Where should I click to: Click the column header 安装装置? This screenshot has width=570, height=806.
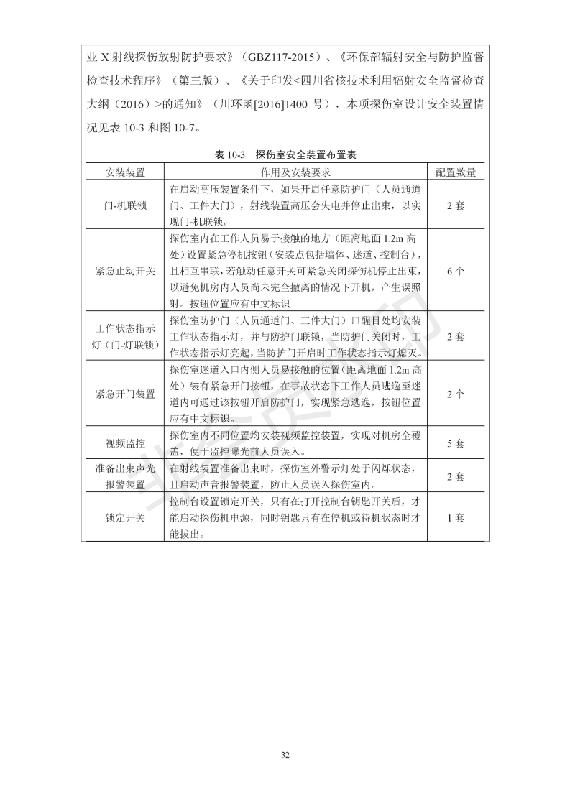[125, 172]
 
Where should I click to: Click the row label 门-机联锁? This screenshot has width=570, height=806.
[125, 205]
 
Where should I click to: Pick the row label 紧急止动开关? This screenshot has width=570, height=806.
[125, 270]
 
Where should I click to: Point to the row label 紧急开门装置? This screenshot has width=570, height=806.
[125, 394]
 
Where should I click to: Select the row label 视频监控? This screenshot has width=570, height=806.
[125, 443]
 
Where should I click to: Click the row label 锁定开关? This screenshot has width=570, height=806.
[125, 517]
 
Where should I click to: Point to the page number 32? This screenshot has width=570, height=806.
[285, 755]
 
